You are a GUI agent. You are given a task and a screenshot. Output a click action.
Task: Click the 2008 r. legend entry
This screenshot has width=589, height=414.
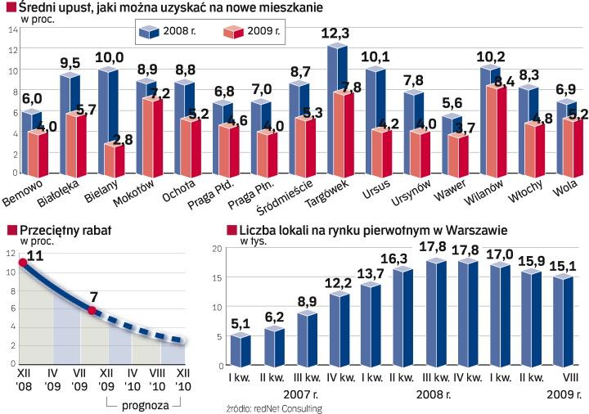point(169,32)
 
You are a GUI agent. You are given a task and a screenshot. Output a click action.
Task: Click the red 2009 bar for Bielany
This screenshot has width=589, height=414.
point(112,160)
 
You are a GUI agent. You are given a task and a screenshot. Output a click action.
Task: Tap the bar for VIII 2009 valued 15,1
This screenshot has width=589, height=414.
point(564,322)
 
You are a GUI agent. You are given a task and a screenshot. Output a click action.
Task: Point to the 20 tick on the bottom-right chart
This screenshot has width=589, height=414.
point(217,248)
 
